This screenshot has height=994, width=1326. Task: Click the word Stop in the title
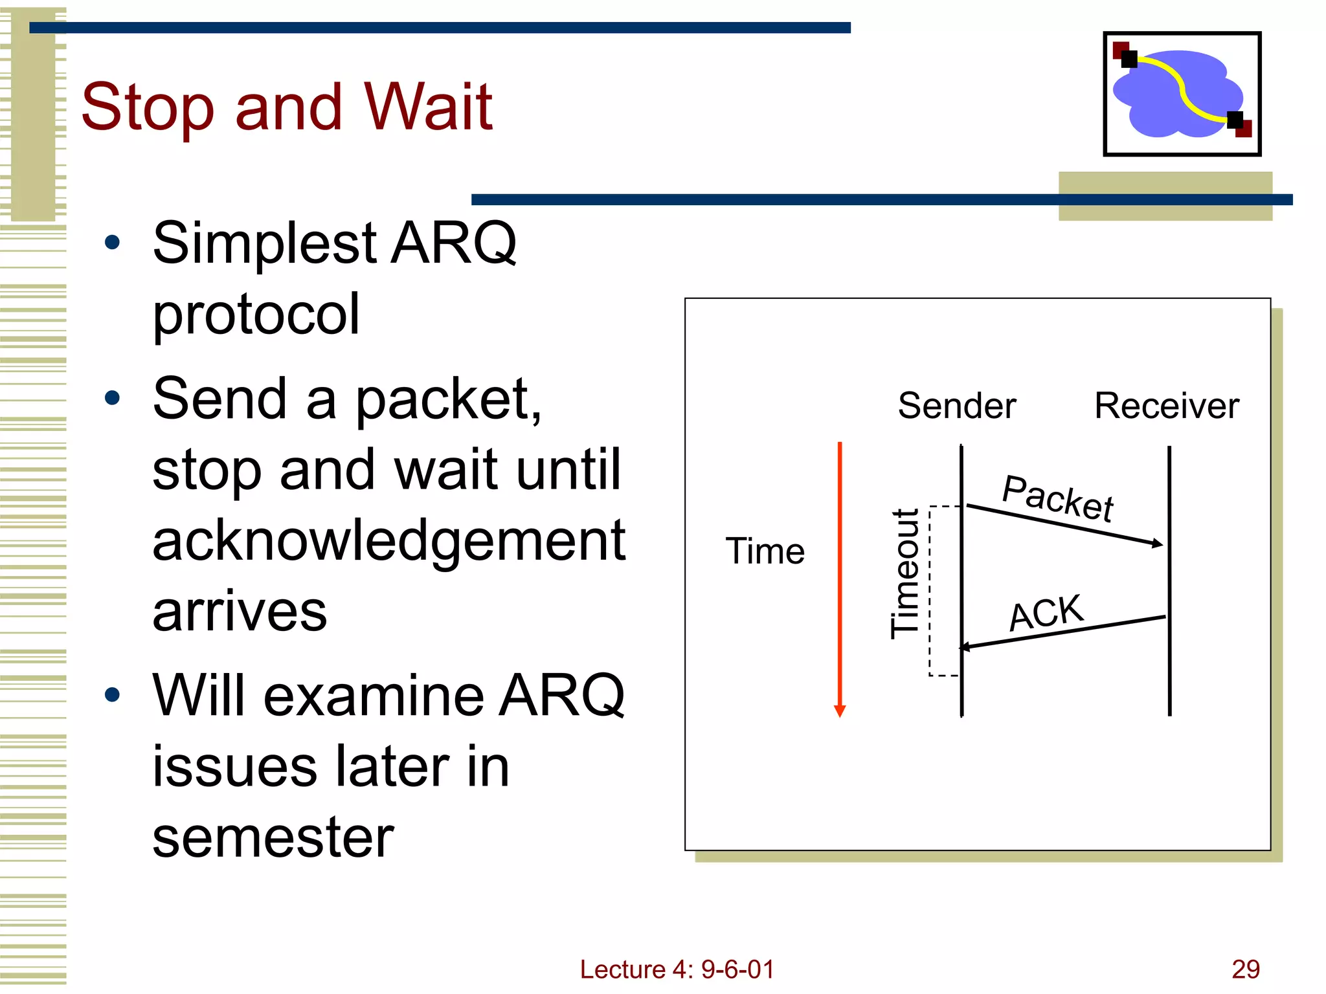pos(147,109)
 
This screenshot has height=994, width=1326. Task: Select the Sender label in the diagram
pos(956,406)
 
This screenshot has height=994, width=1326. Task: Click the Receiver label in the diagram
pos(1166,406)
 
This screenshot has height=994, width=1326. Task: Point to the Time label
pos(765,551)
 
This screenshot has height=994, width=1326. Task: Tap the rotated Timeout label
pos(905,574)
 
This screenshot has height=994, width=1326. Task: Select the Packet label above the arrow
pos(1057,498)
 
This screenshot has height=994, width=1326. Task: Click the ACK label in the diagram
pos(1046,612)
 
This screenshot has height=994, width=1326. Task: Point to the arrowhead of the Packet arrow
pos(1158,544)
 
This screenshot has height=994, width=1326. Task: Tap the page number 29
pos(1245,969)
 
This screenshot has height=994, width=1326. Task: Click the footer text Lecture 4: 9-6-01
pos(677,969)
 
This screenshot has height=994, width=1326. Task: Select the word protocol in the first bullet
pos(256,315)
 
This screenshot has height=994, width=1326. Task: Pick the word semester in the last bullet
pos(273,837)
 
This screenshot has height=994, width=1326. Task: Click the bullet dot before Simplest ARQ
pos(113,243)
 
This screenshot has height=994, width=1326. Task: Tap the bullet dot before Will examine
pos(113,695)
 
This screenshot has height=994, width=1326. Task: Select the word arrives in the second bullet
pos(240,612)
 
